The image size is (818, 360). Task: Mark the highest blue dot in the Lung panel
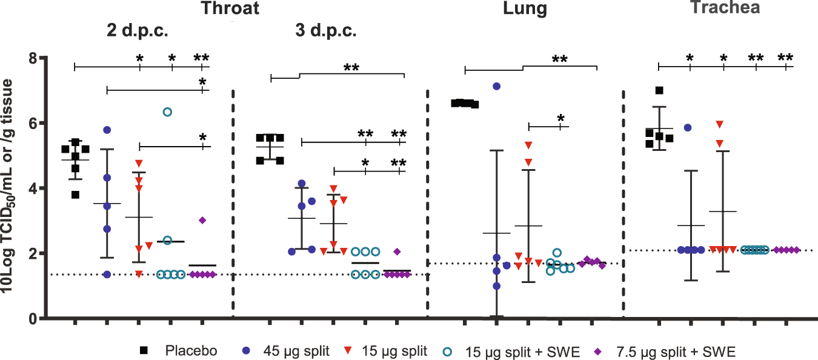click(497, 87)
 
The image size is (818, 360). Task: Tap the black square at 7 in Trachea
click(659, 90)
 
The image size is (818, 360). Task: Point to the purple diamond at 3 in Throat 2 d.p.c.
click(202, 220)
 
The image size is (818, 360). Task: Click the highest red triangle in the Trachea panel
click(719, 124)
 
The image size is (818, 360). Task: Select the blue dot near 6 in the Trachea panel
click(688, 127)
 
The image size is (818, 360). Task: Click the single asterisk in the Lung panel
click(560, 118)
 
